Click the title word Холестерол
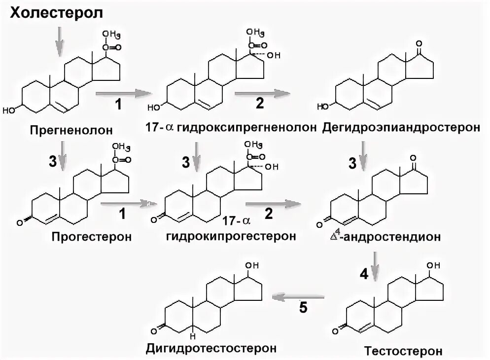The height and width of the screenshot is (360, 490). tap(57, 13)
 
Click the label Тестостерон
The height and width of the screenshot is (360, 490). tap(404, 351)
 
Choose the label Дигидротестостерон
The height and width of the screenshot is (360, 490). tap(210, 348)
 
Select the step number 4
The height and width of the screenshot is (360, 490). tap(364, 275)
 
